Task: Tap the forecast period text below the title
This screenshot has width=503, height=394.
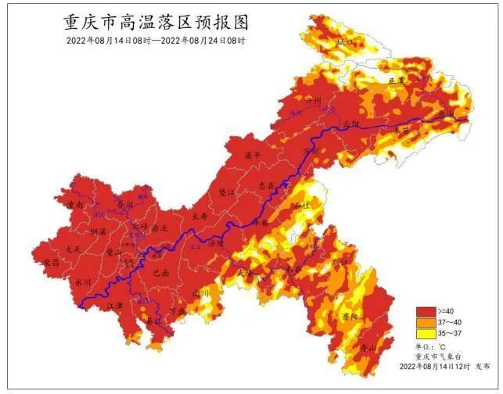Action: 156,41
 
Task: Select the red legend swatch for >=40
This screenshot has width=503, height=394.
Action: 426,311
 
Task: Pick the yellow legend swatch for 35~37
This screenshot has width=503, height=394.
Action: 426,334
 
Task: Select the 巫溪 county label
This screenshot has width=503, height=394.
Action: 397,81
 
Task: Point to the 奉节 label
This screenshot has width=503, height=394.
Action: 401,131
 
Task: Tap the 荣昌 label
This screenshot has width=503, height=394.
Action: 52,263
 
